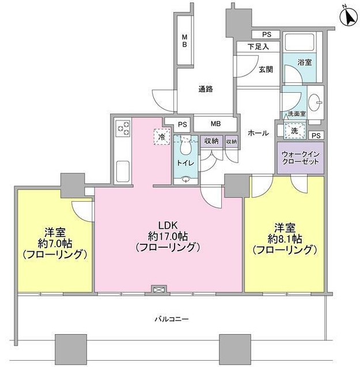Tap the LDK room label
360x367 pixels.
pyautogui.click(x=168, y=225)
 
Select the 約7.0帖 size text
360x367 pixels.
pyautogui.click(x=55, y=244)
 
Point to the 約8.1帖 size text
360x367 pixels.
pyautogui.click(x=285, y=239)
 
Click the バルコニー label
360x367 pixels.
pyautogui.click(x=172, y=319)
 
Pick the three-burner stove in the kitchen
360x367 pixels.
pyautogui.click(x=123, y=127)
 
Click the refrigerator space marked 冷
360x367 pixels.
pyautogui.click(x=162, y=137)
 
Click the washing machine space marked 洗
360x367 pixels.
pyautogui.click(x=294, y=131)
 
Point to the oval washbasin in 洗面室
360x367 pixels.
pyautogui.click(x=314, y=103)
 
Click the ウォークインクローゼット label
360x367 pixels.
pyautogui.click(x=301, y=158)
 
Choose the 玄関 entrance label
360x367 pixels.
pyautogui.click(x=266, y=70)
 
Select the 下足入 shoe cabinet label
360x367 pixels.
pyautogui.click(x=258, y=47)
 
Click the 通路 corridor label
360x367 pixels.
pyautogui.click(x=206, y=89)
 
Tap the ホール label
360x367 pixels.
pyautogui.click(x=258, y=133)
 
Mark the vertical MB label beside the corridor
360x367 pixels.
pyautogui.click(x=185, y=41)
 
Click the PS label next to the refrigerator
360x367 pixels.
pyautogui.click(x=183, y=125)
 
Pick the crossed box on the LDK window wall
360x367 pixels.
pyautogui.click(x=159, y=290)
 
